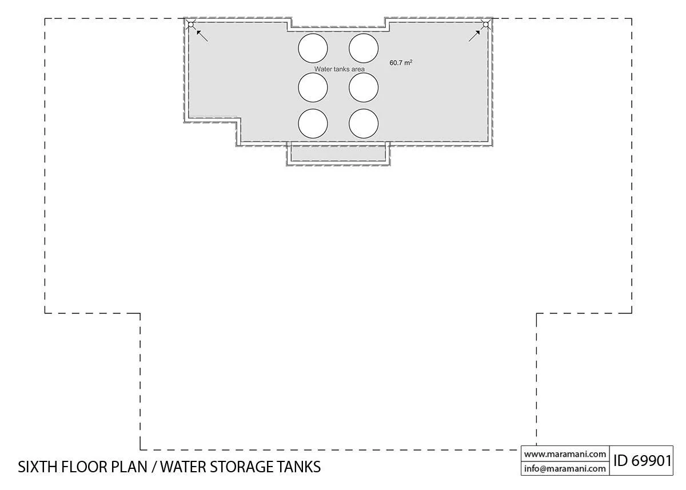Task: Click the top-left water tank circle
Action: [313, 47]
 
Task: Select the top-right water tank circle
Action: [364, 47]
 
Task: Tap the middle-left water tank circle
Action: [313, 87]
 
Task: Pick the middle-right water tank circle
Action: [364, 87]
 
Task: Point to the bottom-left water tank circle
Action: [313, 124]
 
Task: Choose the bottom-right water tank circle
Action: [364, 124]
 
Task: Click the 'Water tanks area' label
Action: [339, 69]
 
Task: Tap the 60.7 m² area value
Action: [401, 62]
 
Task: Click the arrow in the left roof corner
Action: [201, 35]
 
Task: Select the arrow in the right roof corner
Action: [474, 35]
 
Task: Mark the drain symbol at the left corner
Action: [191, 24]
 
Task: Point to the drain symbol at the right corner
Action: [485, 24]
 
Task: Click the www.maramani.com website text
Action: [565, 454]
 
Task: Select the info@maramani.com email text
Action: [565, 468]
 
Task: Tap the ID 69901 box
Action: [642, 460]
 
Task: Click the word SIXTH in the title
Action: [39, 467]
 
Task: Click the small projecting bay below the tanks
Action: [338, 154]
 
